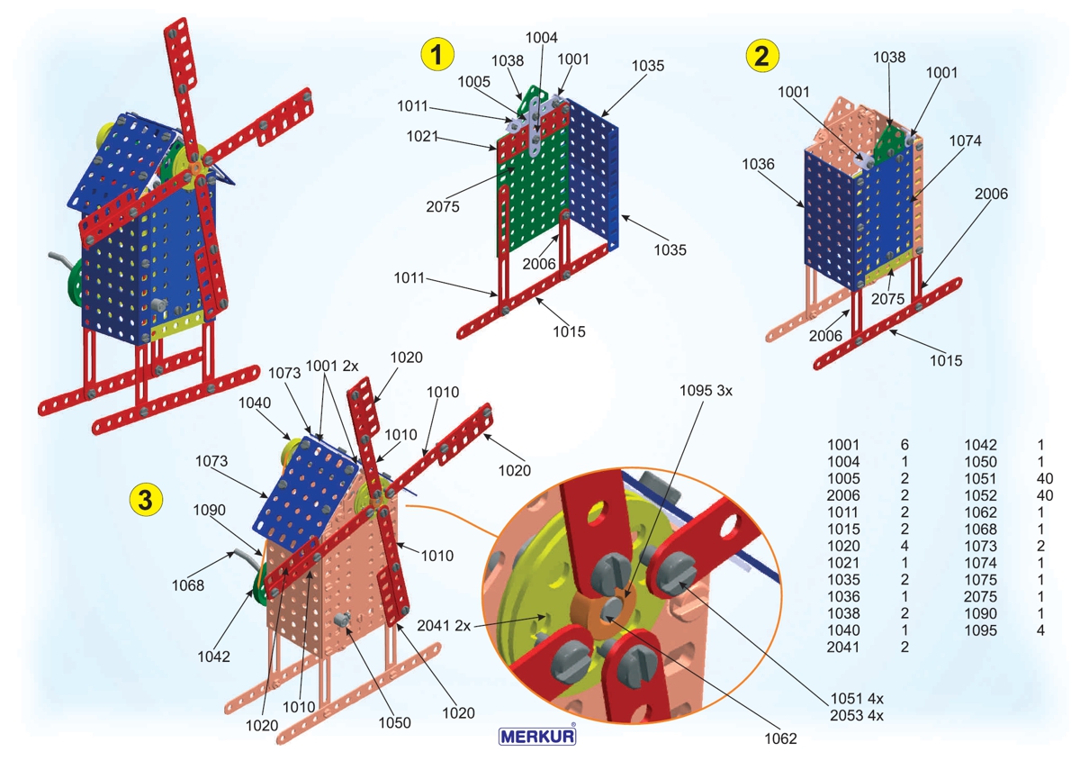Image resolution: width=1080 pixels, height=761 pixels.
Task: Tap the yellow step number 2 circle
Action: [x=762, y=56]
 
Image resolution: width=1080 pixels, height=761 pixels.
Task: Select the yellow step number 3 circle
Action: [x=146, y=496]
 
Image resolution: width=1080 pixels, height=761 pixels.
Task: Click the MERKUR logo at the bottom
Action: [x=537, y=735]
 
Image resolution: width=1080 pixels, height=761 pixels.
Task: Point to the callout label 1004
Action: [x=542, y=38]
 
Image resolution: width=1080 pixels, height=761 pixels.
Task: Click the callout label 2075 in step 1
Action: [x=444, y=206]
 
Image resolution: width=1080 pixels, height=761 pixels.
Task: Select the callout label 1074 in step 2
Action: [x=964, y=140]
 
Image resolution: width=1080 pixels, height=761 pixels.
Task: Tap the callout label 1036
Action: [x=759, y=164]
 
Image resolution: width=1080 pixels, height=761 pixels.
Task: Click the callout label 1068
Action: [x=188, y=585]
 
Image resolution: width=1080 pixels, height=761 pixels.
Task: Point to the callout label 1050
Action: [x=394, y=722]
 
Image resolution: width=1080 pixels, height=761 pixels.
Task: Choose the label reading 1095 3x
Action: [x=708, y=392]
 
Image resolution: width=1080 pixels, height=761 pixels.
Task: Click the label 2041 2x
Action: [x=445, y=624]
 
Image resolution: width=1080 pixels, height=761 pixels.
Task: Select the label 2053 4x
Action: [x=857, y=716]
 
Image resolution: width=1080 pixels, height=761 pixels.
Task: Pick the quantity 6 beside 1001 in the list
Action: [x=904, y=444]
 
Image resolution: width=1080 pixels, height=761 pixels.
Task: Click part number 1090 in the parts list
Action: [x=980, y=613]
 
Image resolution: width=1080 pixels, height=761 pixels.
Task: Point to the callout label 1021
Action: [x=421, y=137]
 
